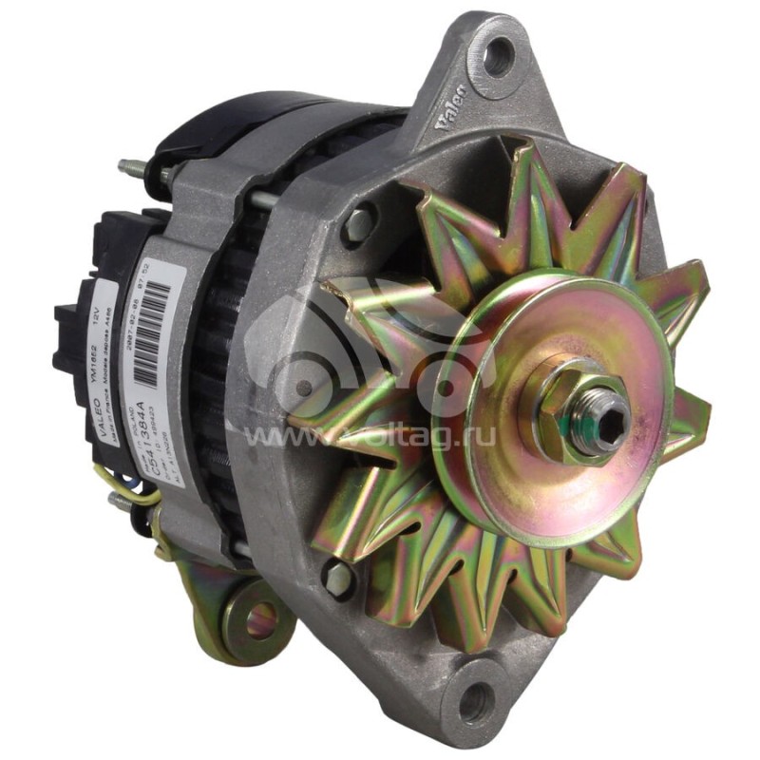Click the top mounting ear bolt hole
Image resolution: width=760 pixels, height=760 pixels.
point(496,58)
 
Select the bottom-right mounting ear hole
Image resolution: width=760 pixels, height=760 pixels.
point(475,704)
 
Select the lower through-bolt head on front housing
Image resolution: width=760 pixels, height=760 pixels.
point(336,576)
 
